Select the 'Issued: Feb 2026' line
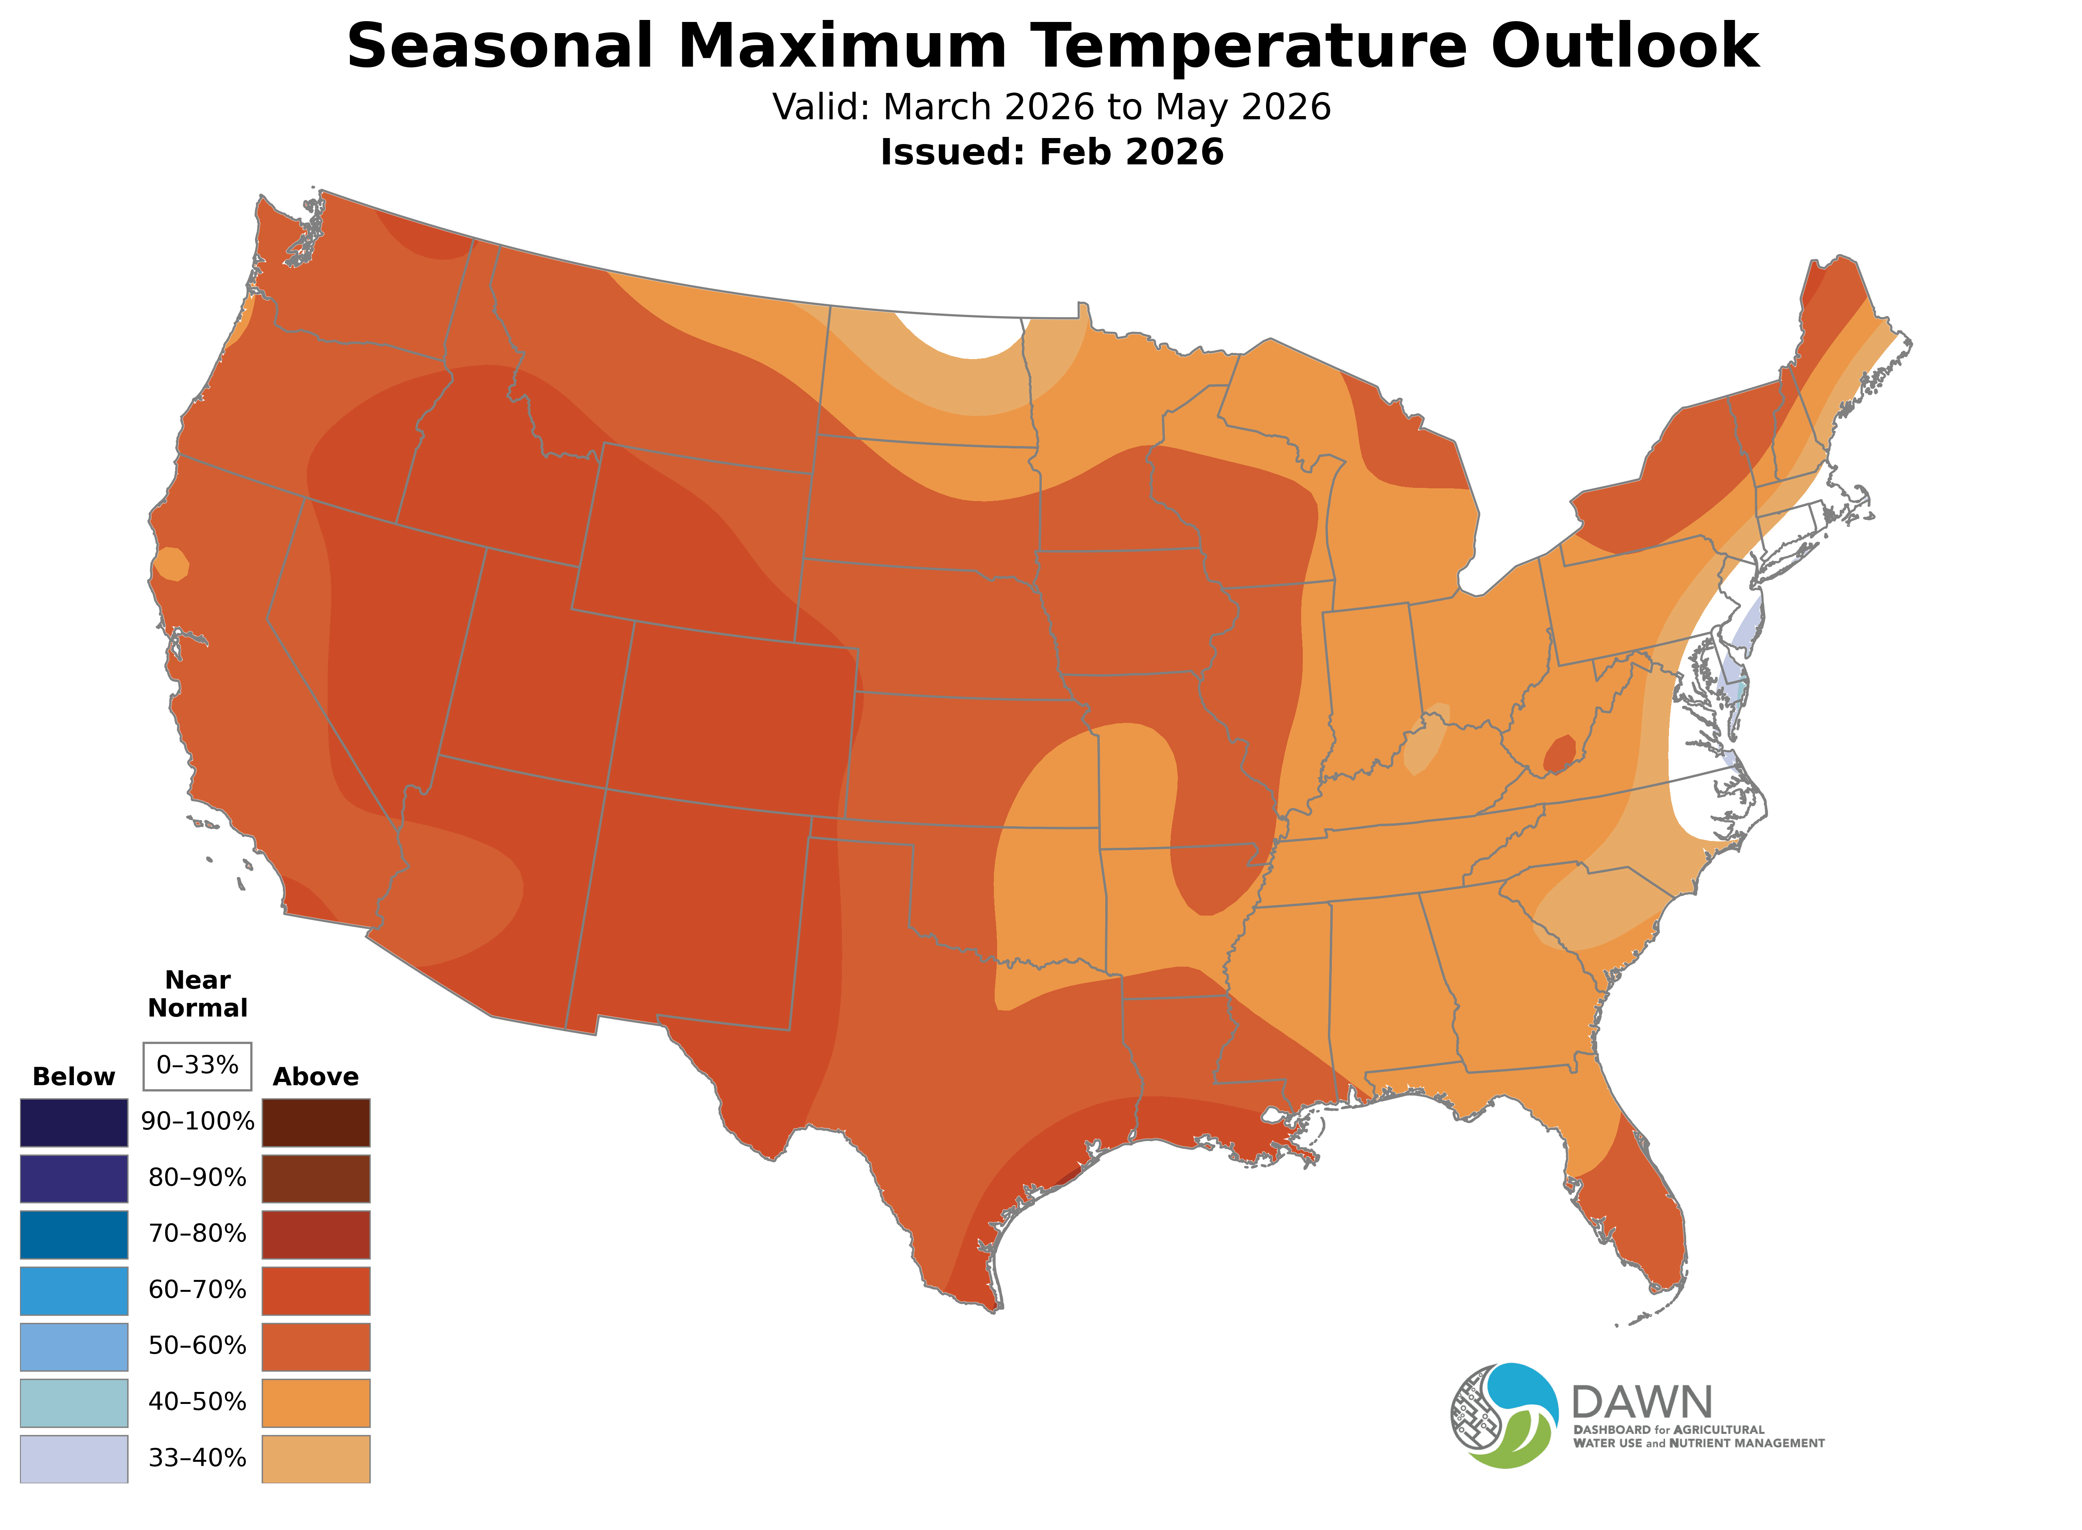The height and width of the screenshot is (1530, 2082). (1051, 152)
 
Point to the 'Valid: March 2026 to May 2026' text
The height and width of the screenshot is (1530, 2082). (1051, 107)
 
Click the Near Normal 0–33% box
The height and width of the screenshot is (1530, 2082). (197, 1065)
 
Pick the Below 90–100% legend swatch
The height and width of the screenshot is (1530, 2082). (74, 1123)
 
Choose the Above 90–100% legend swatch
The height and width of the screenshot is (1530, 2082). (316, 1123)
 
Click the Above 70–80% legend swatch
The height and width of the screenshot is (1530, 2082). (316, 1234)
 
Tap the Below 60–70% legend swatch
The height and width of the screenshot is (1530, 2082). (74, 1290)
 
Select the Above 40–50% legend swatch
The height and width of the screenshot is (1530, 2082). (316, 1402)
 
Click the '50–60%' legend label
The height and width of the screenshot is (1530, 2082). (197, 1346)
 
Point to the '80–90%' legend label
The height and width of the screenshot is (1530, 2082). (197, 1178)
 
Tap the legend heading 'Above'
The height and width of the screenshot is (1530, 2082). (316, 1077)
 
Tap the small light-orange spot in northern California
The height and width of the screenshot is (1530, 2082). (172, 563)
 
